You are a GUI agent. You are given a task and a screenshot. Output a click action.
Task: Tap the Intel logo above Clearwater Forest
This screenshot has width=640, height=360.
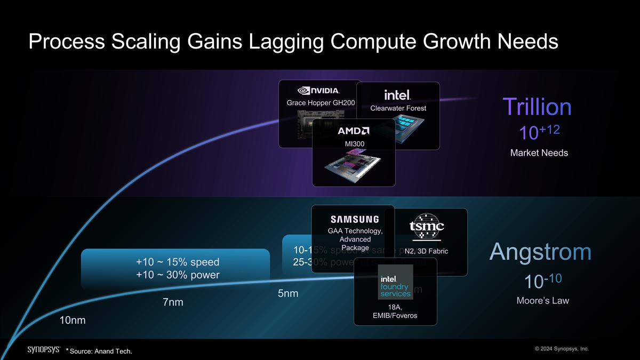(397, 94)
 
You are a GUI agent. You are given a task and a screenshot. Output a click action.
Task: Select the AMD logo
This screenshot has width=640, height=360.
(354, 131)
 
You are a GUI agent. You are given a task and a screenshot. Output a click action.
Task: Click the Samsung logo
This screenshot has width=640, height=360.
(355, 219)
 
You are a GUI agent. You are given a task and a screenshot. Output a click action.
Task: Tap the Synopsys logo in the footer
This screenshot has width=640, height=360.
(43, 349)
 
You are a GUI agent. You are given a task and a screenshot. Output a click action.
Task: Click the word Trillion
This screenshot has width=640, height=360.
(537, 107)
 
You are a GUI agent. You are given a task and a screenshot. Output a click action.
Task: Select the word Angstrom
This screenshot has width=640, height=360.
(540, 252)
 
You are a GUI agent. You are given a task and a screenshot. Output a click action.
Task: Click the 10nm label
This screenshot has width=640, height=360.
(73, 321)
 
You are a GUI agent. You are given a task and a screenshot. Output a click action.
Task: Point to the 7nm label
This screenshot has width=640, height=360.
(173, 302)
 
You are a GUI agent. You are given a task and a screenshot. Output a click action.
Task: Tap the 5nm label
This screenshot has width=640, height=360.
(288, 294)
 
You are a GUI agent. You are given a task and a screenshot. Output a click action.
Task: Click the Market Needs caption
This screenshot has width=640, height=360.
(539, 153)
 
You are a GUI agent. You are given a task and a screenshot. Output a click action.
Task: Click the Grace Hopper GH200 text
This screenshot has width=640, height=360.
(321, 102)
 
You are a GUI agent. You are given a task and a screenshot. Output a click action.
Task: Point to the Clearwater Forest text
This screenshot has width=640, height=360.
(398, 109)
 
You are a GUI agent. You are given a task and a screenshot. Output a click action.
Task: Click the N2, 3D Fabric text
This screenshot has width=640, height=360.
(426, 251)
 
